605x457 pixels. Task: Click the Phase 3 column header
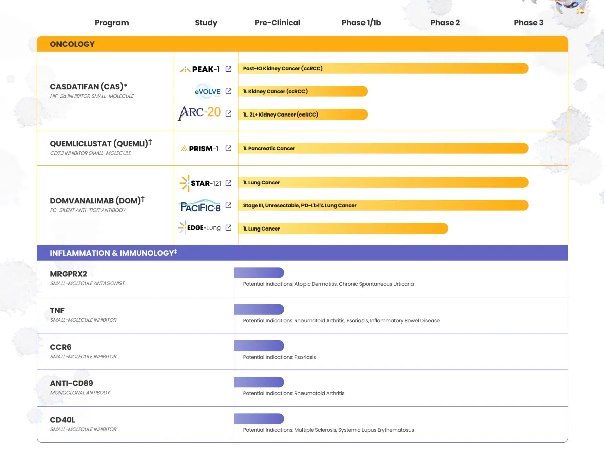point(528,23)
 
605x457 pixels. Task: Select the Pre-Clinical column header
point(277,23)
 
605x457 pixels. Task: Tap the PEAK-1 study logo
point(200,69)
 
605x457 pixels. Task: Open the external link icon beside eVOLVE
point(229,91)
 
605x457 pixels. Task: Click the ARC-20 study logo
point(200,113)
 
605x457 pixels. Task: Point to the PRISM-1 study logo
point(200,149)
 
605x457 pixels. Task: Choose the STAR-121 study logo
point(200,183)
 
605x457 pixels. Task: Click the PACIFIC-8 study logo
point(200,206)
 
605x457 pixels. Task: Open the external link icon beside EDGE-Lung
point(229,227)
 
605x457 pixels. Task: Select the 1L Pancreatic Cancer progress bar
point(383,148)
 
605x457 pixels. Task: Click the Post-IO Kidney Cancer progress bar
point(383,68)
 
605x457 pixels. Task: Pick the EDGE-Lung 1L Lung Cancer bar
point(343,228)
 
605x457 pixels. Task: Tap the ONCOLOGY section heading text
point(72,44)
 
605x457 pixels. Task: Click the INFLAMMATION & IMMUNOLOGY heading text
point(112,253)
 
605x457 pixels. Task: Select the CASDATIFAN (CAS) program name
point(89,87)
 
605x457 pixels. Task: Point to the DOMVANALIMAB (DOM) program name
point(95,201)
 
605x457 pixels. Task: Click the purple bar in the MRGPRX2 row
point(259,273)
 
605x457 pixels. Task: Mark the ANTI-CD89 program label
point(72,383)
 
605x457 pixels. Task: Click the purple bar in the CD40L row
point(259,419)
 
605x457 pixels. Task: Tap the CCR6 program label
point(61,347)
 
